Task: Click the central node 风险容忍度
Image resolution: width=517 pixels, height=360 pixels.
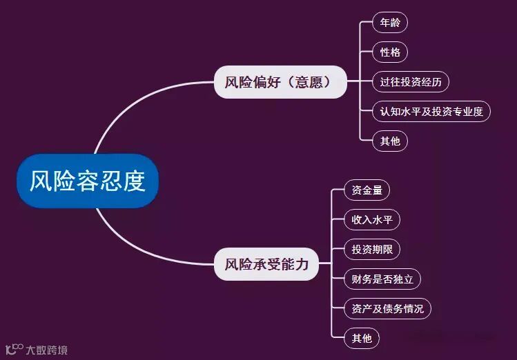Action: click(x=88, y=181)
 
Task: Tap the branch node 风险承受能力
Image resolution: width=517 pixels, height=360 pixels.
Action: click(x=266, y=264)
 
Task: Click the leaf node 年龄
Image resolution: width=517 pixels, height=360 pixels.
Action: click(x=389, y=23)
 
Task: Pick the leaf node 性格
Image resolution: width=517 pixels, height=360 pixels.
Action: click(x=389, y=52)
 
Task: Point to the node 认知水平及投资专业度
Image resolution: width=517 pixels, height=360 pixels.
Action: click(x=431, y=112)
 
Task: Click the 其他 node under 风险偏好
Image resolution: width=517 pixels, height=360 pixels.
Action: click(x=389, y=141)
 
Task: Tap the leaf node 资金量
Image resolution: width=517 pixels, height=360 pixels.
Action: click(x=367, y=190)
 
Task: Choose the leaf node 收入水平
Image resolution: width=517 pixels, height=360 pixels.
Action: click(x=371, y=220)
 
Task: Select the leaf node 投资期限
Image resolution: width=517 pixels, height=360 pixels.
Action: click(x=371, y=250)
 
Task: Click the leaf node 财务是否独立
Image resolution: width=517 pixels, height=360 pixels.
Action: click(x=382, y=279)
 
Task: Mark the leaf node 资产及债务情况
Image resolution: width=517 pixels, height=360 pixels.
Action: click(x=387, y=308)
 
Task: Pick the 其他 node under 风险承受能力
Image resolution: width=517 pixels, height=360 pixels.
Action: click(x=361, y=338)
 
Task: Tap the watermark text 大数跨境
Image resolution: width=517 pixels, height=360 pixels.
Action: click(x=47, y=350)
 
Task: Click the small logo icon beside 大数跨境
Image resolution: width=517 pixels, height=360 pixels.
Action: click(x=14, y=348)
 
